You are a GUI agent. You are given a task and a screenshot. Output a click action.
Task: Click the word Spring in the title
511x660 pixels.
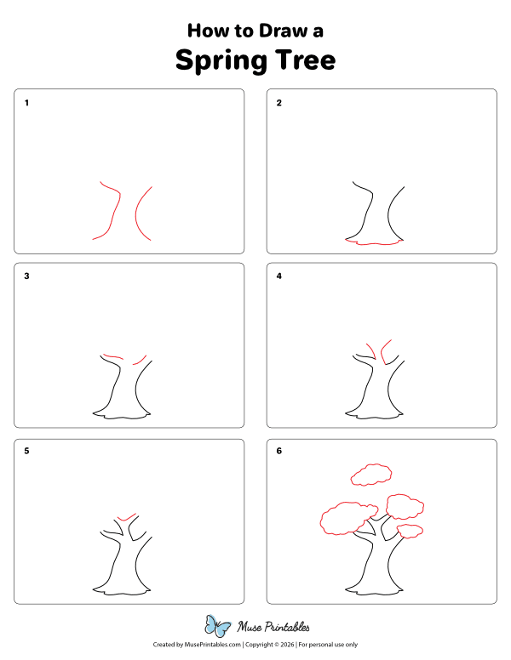tap(219, 60)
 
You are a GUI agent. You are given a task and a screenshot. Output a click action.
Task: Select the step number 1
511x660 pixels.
tap(27, 104)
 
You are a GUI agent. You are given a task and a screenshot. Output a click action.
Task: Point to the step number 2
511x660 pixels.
tap(278, 104)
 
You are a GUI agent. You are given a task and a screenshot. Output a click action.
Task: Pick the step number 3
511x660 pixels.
tap(27, 276)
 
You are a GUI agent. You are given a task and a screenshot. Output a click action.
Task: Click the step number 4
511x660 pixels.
tap(278, 276)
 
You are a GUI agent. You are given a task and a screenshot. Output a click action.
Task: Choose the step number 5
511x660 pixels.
tap(27, 451)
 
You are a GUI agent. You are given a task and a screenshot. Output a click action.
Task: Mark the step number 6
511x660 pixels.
tap(278, 451)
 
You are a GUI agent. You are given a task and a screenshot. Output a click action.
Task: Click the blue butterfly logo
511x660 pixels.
tap(218, 627)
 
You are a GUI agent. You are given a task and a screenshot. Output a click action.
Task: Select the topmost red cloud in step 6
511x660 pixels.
tap(370, 474)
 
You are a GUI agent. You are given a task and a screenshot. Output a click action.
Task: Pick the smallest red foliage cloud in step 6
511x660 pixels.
tap(411, 532)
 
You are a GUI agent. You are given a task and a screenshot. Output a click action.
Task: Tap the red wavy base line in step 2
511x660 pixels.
tap(375, 243)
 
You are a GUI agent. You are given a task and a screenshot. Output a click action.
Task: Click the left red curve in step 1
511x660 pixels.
tap(109, 213)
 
